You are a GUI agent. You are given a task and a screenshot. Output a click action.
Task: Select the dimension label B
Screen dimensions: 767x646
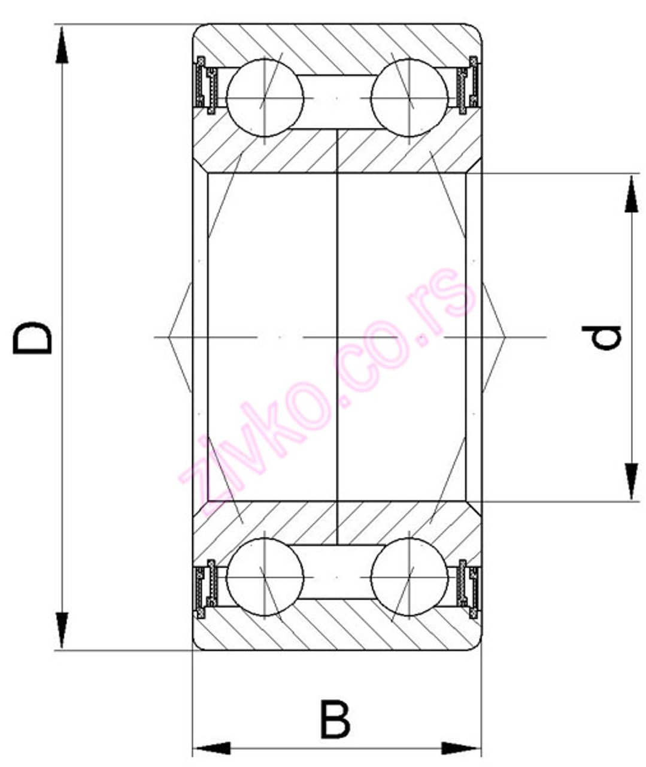[x=335, y=718]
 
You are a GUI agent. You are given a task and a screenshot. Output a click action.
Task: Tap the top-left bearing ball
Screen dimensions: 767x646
[x=265, y=97]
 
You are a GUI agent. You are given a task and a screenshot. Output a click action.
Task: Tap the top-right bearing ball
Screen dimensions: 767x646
[x=410, y=97]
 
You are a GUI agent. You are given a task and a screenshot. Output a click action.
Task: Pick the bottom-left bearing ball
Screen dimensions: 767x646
[x=265, y=576]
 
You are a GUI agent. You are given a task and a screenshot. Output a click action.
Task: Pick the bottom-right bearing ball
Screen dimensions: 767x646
[x=410, y=576]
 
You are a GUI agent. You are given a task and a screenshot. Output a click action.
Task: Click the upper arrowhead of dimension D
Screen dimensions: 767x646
[x=62, y=45]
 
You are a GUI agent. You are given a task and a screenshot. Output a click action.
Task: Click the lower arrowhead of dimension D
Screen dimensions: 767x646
[x=62, y=629]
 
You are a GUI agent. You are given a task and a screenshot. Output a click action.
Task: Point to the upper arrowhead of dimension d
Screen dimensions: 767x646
[x=631, y=195]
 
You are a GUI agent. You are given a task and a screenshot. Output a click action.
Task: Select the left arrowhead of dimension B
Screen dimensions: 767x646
[x=213, y=748]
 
